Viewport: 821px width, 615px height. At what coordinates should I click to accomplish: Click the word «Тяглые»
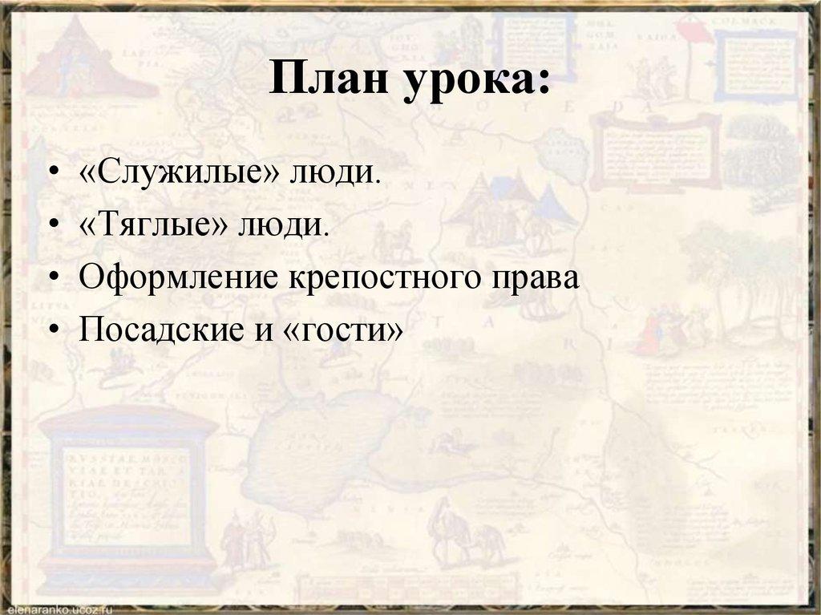pos(152,225)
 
